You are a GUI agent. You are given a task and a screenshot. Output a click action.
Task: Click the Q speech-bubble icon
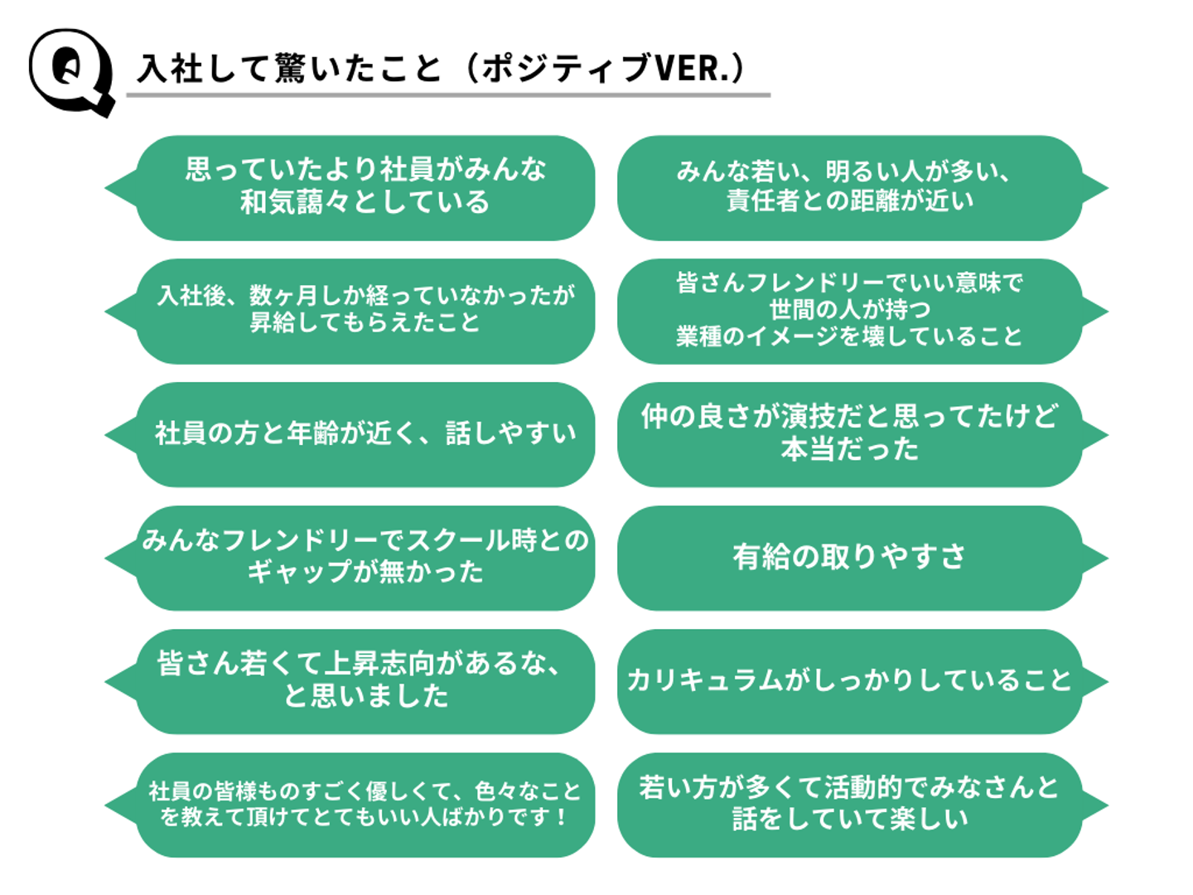pyautogui.click(x=72, y=72)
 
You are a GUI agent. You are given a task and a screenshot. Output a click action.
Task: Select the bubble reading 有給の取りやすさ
pyautogui.click(x=862, y=558)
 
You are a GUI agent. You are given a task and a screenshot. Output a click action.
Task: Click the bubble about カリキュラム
pyautogui.click(x=862, y=681)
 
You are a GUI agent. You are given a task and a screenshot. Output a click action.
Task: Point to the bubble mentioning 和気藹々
pyautogui.click(x=350, y=188)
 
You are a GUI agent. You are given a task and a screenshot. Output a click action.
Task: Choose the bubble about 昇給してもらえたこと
pyautogui.click(x=350, y=312)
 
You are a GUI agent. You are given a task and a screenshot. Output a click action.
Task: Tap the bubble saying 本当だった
pyautogui.click(x=862, y=435)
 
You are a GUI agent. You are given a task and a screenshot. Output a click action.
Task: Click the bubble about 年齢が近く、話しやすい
pyautogui.click(x=350, y=435)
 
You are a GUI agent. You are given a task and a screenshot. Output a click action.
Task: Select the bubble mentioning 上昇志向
pyautogui.click(x=350, y=681)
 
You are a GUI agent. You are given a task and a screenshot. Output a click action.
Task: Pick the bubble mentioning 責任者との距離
pyautogui.click(x=862, y=188)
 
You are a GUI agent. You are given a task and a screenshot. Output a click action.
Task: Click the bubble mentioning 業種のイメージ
pyautogui.click(x=862, y=312)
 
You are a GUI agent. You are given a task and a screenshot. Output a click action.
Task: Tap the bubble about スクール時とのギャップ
pyautogui.click(x=350, y=558)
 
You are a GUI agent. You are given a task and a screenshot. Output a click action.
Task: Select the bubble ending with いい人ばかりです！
pyautogui.click(x=350, y=805)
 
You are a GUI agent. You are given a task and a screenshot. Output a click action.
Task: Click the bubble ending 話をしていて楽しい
pyautogui.click(x=862, y=805)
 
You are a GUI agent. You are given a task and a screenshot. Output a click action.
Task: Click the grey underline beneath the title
pyautogui.click(x=448, y=95)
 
